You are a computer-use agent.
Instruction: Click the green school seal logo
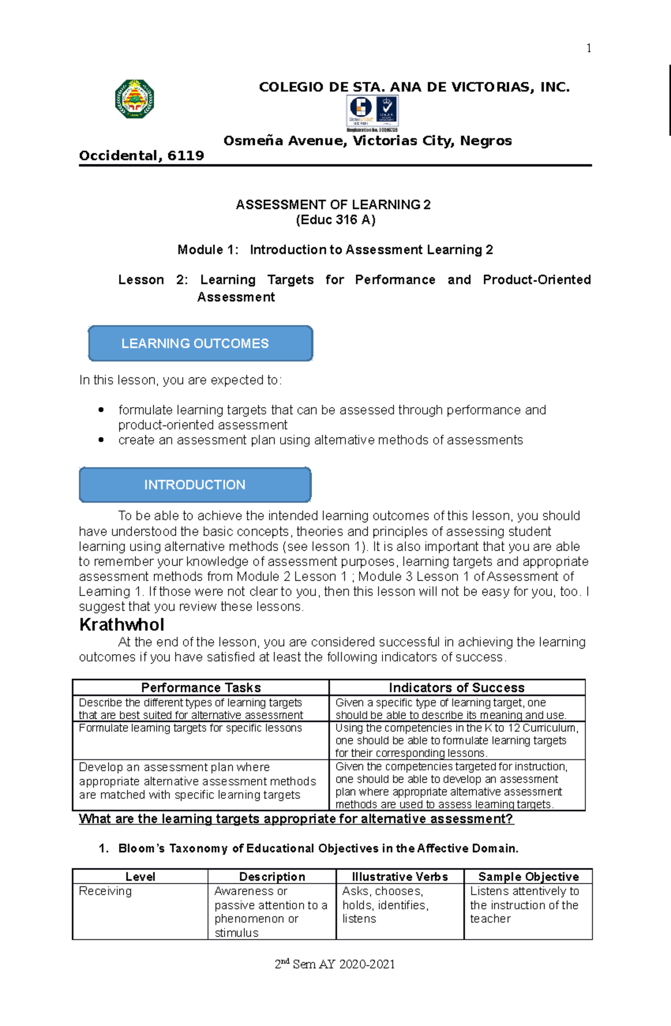pos(135,99)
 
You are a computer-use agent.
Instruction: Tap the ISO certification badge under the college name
pos(372,112)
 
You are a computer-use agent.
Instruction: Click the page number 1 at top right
pos(588,48)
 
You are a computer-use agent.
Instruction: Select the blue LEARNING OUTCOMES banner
pos(200,343)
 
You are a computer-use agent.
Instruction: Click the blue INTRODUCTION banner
pos(195,485)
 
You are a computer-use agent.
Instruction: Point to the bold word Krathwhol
pos(122,625)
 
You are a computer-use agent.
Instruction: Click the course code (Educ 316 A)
pos(335,220)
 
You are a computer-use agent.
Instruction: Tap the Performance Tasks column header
pos(201,687)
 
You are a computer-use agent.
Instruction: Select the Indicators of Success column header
pos(456,687)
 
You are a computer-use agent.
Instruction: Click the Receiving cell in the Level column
pos(106,891)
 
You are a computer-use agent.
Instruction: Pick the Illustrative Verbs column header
pos(400,876)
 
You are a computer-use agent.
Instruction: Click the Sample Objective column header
pos(528,876)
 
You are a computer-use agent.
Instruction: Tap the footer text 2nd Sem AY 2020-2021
pos(335,964)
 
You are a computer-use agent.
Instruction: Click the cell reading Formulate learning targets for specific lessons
pos(190,728)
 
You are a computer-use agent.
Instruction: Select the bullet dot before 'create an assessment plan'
pos(101,440)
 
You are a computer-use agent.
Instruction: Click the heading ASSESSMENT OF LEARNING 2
pos(333,205)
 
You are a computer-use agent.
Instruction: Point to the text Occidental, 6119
pos(141,155)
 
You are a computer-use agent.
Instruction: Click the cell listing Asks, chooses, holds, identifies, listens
pos(385,905)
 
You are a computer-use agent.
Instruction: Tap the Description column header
pos(272,876)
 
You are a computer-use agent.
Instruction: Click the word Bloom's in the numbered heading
pos(141,848)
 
